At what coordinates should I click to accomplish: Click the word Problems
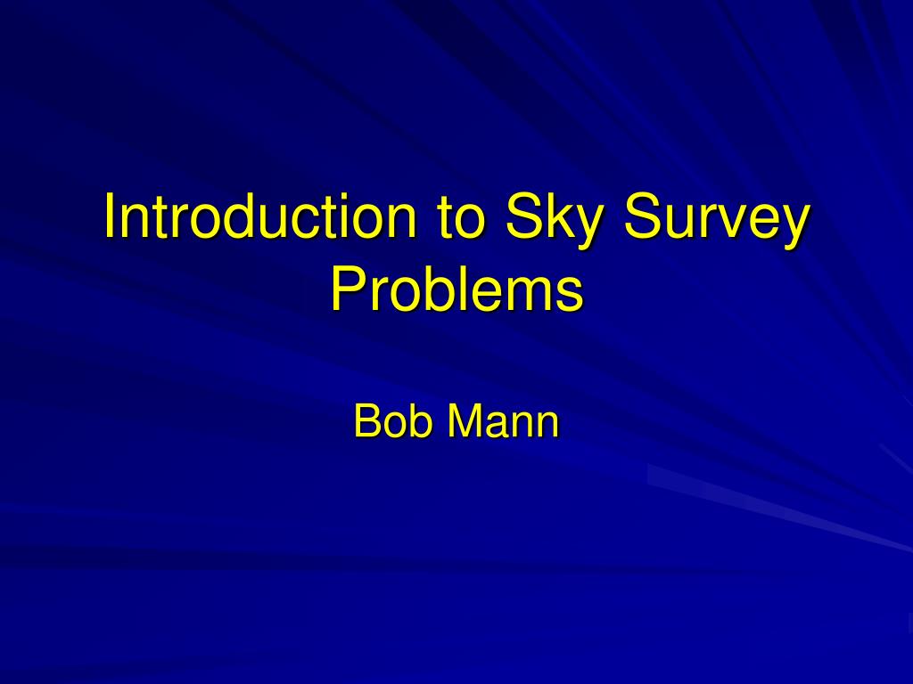(x=456, y=289)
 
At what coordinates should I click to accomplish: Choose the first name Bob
(x=392, y=420)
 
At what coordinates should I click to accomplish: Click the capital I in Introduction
(x=111, y=216)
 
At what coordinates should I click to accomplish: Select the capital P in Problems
(x=346, y=289)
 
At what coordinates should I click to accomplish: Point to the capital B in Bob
(x=366, y=420)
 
